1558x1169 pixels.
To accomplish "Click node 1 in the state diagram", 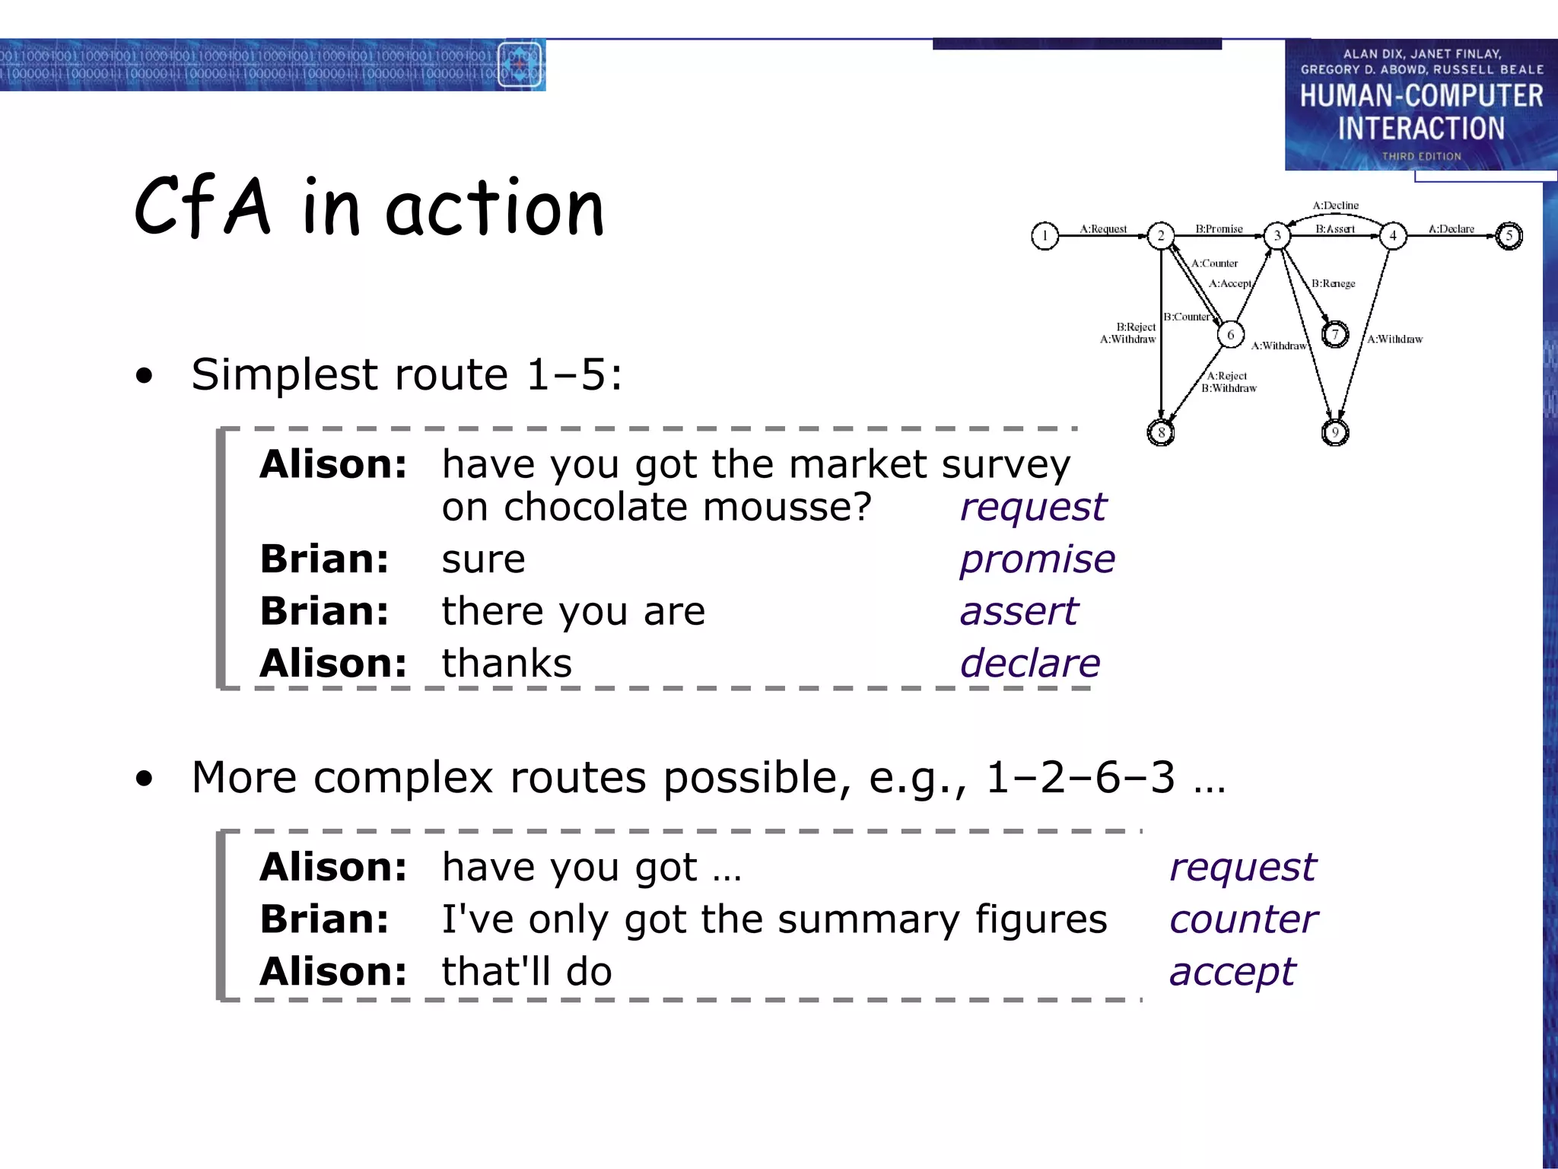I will point(1044,236).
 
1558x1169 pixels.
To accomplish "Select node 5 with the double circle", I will point(1509,236).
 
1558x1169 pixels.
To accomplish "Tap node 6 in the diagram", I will point(1230,335).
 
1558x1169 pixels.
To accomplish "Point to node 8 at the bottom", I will point(1161,433).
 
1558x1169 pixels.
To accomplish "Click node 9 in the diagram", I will point(1335,433).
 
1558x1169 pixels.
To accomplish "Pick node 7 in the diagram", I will point(1335,335).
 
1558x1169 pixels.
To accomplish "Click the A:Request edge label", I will point(1103,228).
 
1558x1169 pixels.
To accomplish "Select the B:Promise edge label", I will point(1219,228).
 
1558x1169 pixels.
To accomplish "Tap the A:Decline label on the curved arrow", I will point(1335,205).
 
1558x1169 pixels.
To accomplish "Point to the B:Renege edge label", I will point(1333,284).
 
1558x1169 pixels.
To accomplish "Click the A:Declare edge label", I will point(1451,228).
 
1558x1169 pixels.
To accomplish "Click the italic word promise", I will point(1037,559).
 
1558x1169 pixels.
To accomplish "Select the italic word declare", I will point(1029,664).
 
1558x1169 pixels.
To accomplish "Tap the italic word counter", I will point(1243,919).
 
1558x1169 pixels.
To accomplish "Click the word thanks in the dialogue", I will point(507,664).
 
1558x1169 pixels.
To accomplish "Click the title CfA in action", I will point(369,207).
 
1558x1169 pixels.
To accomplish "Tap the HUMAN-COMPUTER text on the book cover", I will point(1421,97).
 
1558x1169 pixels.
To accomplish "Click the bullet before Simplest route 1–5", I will point(144,375).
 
